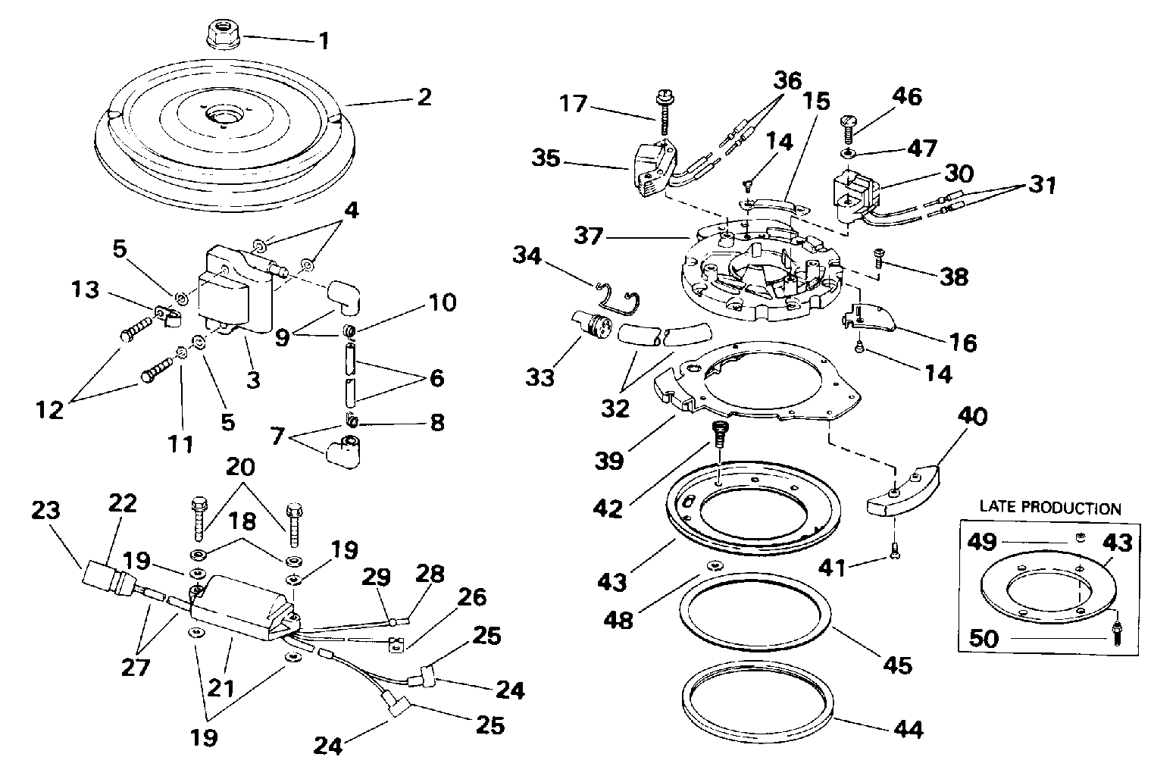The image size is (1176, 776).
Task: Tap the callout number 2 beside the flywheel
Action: (x=425, y=97)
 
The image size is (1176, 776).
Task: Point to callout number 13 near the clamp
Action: (x=85, y=289)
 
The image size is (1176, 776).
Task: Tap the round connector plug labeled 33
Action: (x=591, y=327)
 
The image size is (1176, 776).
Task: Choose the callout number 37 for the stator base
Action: (x=588, y=235)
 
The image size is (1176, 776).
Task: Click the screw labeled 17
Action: (x=664, y=113)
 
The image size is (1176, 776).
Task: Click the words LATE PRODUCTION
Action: (x=1050, y=508)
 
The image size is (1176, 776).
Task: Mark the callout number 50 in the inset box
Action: (x=984, y=638)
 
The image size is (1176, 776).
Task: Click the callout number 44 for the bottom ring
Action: (x=909, y=729)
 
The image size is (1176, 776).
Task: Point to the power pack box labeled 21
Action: (x=246, y=609)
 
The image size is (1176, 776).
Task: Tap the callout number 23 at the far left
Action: (x=45, y=510)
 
